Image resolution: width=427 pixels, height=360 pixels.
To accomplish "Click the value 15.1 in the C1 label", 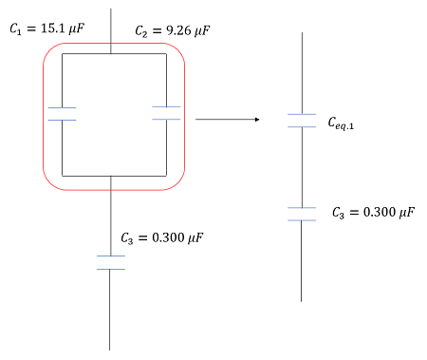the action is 53,28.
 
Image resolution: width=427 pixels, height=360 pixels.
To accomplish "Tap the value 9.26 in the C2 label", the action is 178,30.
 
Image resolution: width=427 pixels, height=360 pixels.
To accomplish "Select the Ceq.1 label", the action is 341,123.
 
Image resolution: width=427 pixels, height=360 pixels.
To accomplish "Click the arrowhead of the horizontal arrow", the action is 257,120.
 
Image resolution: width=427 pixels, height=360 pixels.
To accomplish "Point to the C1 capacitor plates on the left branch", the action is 62,114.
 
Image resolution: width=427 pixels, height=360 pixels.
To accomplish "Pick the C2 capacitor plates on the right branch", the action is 166,113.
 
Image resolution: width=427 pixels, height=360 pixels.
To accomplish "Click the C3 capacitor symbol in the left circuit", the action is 111,262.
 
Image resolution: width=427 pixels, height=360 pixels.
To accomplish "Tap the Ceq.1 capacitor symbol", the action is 302,121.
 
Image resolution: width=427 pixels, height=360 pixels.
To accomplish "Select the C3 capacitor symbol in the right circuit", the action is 302,214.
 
